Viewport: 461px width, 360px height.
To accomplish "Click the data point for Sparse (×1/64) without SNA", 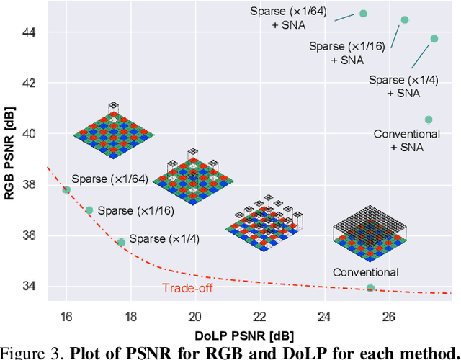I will (66, 190).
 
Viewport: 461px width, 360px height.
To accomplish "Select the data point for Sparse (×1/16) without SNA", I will (89, 210).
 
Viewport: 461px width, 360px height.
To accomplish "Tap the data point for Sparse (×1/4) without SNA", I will (121, 243).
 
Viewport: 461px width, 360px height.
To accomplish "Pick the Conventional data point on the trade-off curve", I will (370, 288).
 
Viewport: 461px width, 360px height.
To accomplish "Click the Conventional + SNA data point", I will (429, 120).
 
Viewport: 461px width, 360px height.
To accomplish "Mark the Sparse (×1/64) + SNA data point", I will (363, 13).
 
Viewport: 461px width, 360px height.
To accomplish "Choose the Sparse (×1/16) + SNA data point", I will (404, 20).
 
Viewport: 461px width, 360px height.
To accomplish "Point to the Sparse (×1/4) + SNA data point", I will (434, 39).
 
